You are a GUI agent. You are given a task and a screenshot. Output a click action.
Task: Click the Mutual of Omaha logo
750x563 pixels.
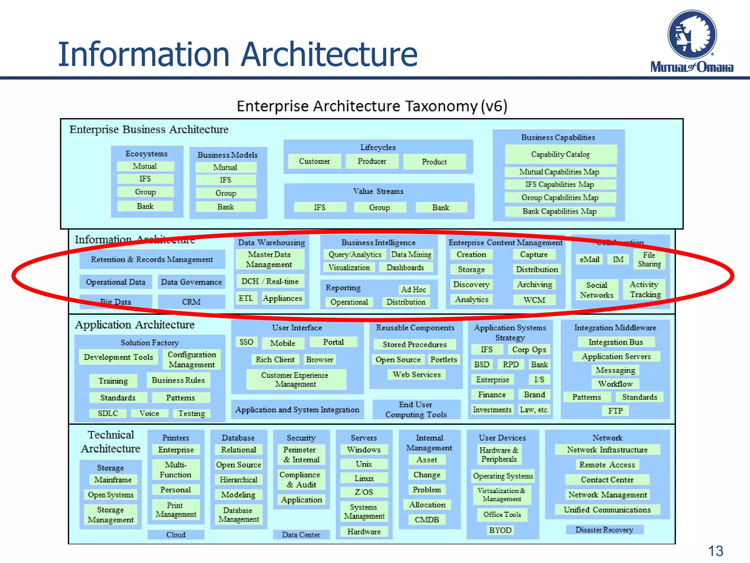pos(692,41)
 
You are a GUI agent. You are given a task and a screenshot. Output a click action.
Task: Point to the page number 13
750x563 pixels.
pos(715,551)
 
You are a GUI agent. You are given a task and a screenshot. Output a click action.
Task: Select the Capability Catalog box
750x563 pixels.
pos(560,154)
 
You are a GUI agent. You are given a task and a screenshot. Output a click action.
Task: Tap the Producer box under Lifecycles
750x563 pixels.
pos(372,161)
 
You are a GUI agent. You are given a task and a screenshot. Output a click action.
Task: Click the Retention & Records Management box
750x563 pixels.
pos(152,260)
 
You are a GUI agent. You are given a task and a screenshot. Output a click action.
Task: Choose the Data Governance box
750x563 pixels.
pos(191,282)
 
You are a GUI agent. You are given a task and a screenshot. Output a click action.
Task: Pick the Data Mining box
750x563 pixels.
pos(411,254)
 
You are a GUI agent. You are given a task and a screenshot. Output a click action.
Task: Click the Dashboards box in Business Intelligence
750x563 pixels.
pos(405,268)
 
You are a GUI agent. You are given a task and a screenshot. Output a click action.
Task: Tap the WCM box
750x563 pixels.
pos(534,300)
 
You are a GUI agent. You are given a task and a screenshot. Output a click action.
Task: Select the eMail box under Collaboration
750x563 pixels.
pos(589,260)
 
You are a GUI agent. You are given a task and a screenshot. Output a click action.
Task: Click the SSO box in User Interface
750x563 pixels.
pos(246,342)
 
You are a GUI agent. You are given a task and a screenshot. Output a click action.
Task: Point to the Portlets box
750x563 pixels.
pos(443,360)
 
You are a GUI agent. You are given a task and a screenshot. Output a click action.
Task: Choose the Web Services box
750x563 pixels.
pos(416,375)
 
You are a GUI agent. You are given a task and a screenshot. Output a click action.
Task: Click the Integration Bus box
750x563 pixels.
pos(616,342)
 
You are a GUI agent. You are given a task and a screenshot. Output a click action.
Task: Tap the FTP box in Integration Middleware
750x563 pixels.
pos(615,411)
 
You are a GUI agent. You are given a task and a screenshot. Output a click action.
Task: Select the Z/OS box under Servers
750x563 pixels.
pos(364,492)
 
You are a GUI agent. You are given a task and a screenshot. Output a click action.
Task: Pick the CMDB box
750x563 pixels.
pos(427,520)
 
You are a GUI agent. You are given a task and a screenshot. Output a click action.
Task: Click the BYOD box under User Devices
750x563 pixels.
pos(500,530)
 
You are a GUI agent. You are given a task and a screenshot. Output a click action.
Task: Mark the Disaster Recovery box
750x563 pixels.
pos(604,530)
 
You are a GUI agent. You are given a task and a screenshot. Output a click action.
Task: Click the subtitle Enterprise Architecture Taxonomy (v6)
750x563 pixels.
pos(372,106)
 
